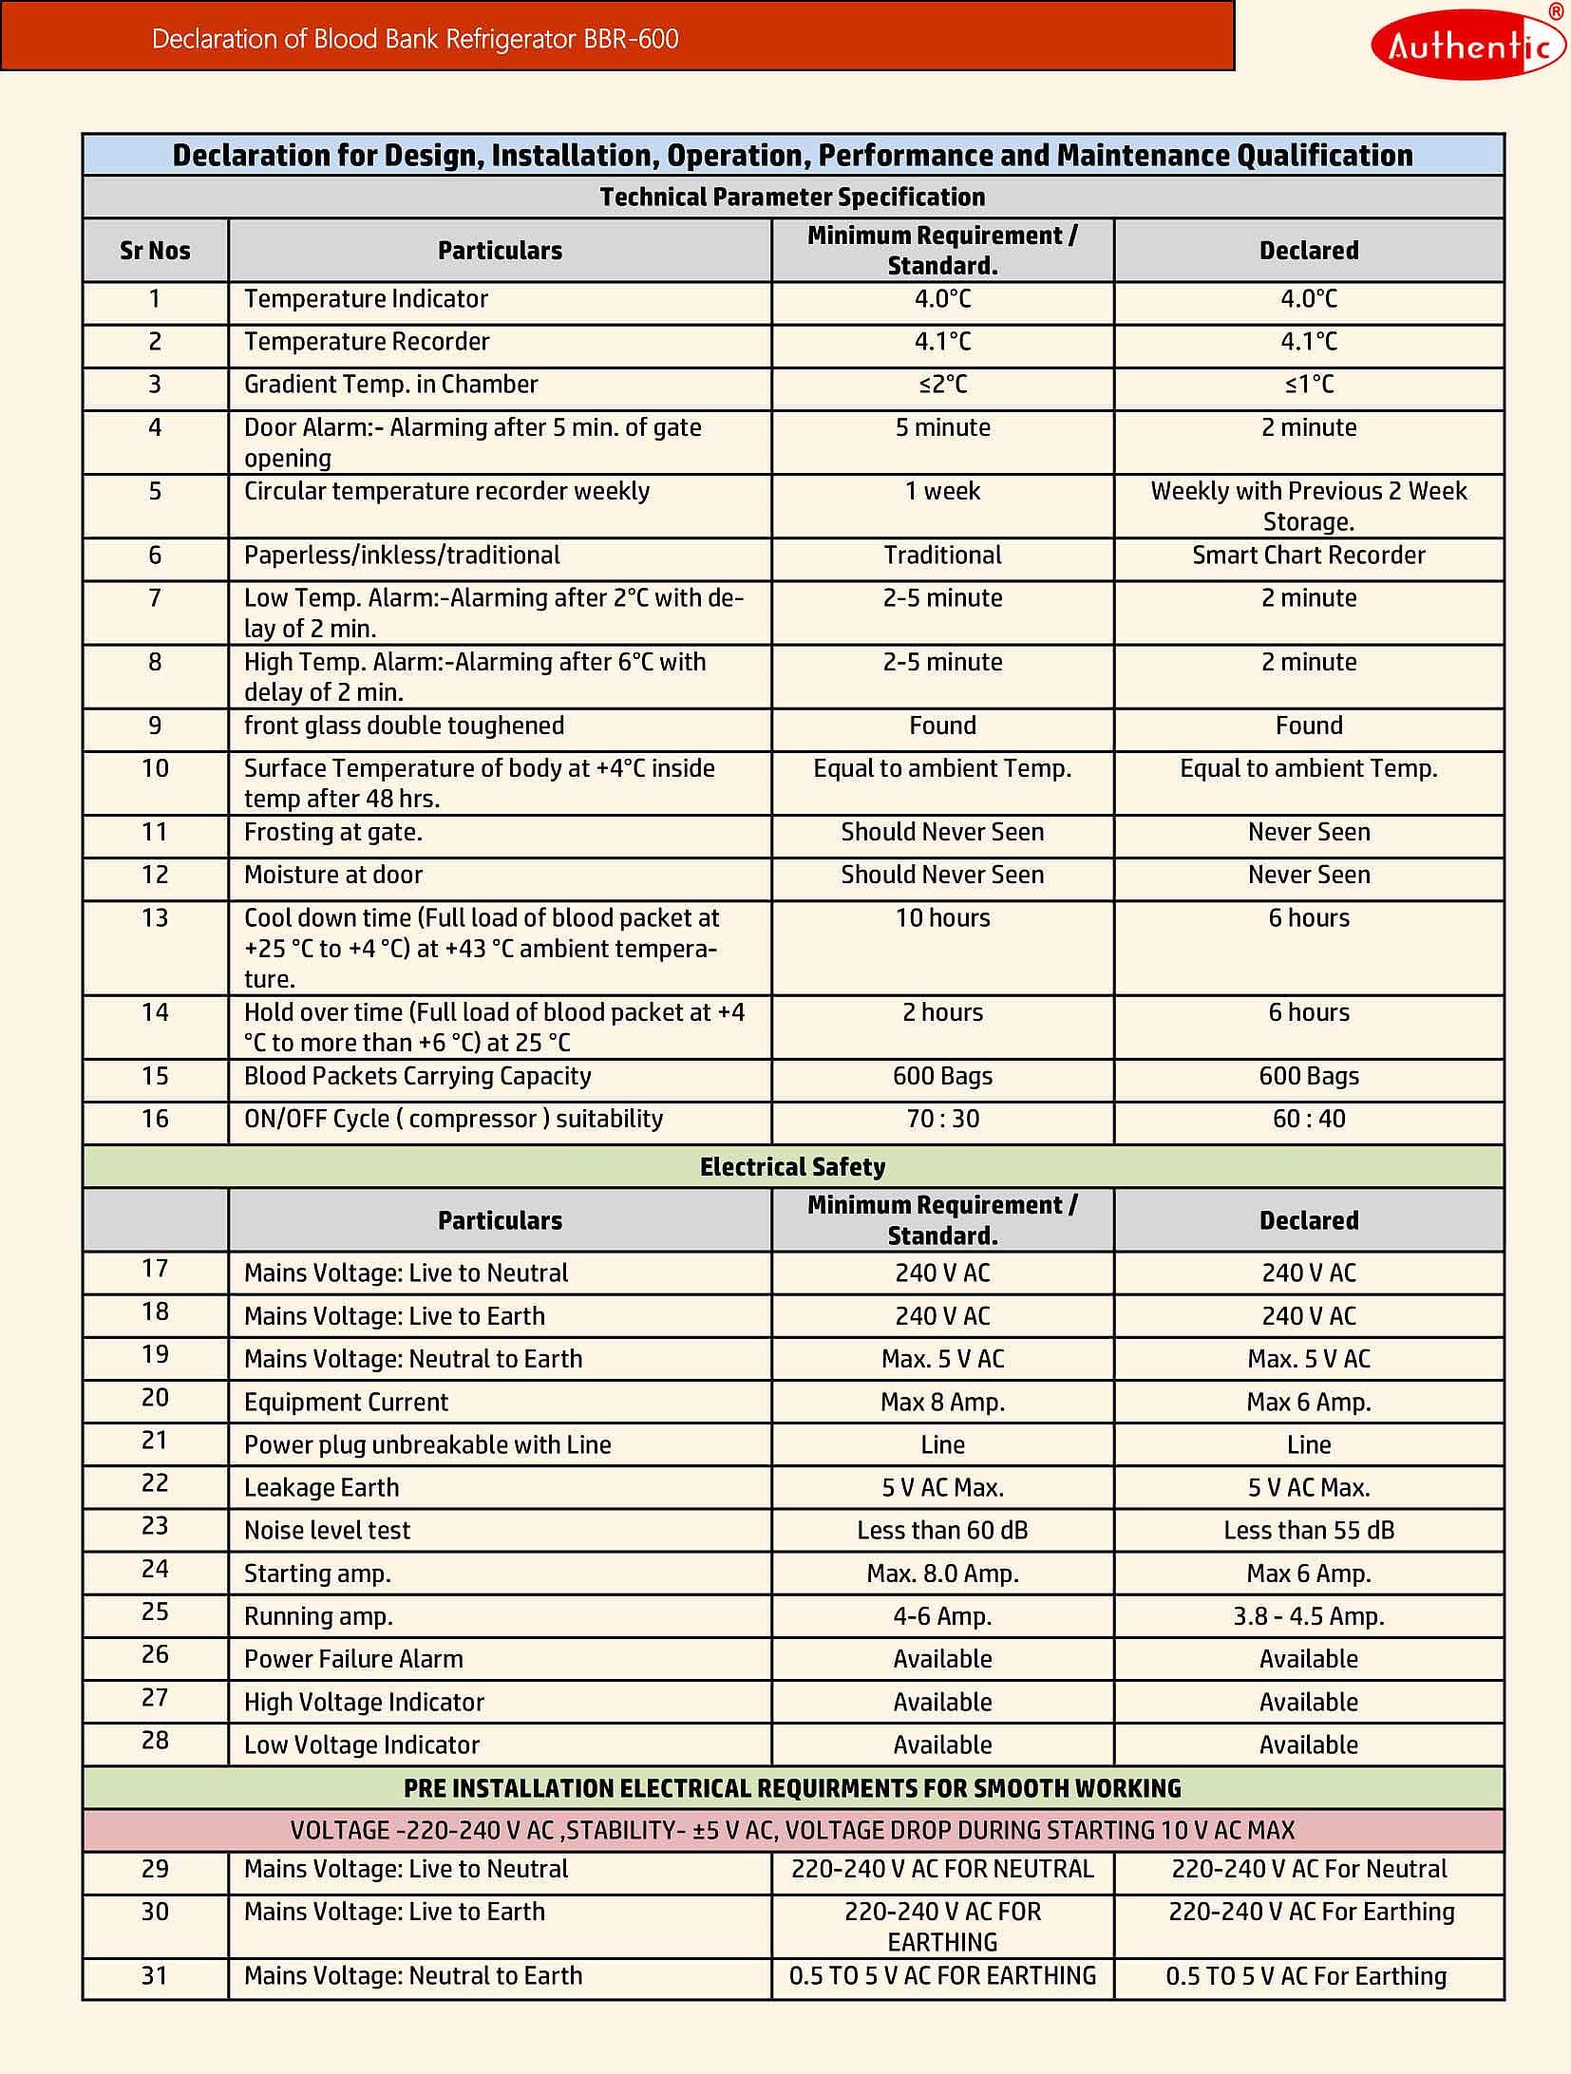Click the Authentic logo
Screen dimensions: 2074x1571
pyautogui.click(x=1467, y=44)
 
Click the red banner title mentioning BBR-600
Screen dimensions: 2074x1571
pyautogui.click(x=415, y=39)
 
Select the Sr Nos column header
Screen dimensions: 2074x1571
pyautogui.click(x=155, y=251)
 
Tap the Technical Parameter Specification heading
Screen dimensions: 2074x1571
pyautogui.click(x=792, y=197)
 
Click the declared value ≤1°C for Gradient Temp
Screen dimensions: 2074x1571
pyautogui.click(x=1308, y=385)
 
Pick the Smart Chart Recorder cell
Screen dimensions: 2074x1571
pyautogui.click(x=1308, y=556)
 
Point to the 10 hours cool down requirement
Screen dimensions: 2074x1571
pyautogui.click(x=942, y=918)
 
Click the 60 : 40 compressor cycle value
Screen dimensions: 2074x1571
pyautogui.click(x=1308, y=1119)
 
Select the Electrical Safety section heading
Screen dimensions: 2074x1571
pyautogui.click(x=792, y=1167)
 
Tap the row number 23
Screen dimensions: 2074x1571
pyautogui.click(x=155, y=1526)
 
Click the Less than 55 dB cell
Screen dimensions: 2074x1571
pyautogui.click(x=1308, y=1531)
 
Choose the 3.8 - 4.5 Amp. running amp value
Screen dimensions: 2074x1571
pyautogui.click(x=1308, y=1616)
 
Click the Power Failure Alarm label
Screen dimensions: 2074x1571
pyautogui.click(x=353, y=1659)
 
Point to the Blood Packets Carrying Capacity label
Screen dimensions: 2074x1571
pyautogui.click(x=417, y=1076)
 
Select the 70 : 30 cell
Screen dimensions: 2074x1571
pyautogui.click(x=942, y=1119)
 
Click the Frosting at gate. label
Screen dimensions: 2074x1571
pyautogui.click(x=332, y=833)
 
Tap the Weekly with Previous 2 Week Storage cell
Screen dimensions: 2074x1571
pyautogui.click(x=1308, y=506)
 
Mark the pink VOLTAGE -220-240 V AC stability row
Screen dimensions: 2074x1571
pyautogui.click(x=792, y=1830)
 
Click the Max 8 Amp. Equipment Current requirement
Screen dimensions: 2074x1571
pyautogui.click(x=942, y=1403)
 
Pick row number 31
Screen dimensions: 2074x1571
pyautogui.click(x=155, y=1976)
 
